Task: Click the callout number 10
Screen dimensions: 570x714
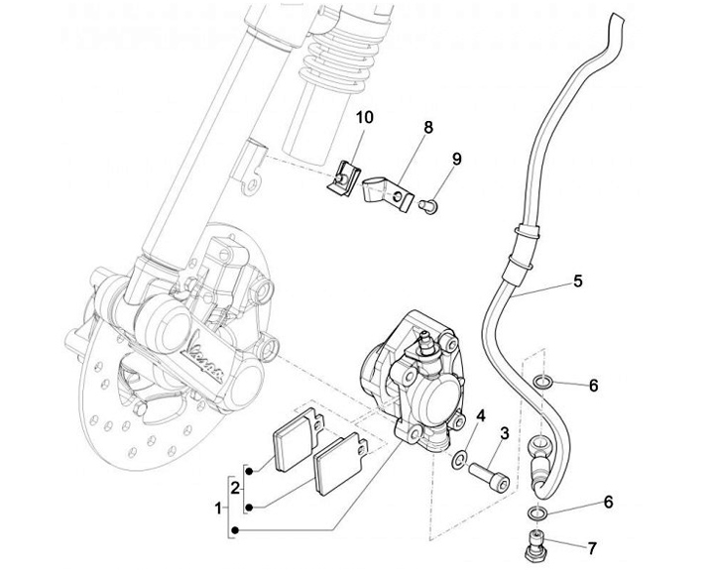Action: click(x=364, y=117)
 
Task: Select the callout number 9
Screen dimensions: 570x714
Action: click(x=457, y=159)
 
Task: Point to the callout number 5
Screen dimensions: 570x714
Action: click(x=576, y=282)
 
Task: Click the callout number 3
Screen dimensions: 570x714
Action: click(x=504, y=432)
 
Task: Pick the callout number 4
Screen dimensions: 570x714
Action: click(x=479, y=415)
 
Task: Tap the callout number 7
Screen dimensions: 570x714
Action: click(x=592, y=546)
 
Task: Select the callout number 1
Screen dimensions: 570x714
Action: click(x=217, y=508)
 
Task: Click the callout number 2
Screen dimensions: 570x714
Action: click(x=234, y=487)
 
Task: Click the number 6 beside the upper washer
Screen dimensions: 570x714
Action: click(x=594, y=385)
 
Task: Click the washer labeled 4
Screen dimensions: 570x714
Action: click(x=460, y=460)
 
